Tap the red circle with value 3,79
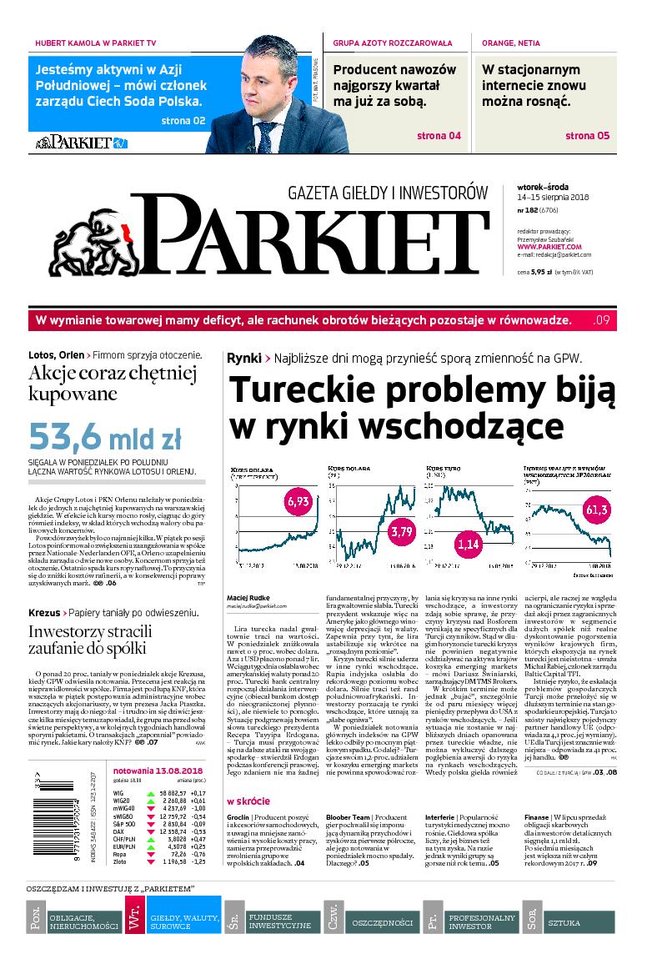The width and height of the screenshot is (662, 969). (x=402, y=530)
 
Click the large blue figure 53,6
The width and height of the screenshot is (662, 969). (x=77, y=436)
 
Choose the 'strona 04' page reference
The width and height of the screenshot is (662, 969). (x=439, y=136)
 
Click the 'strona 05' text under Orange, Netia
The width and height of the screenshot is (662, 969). (x=588, y=136)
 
